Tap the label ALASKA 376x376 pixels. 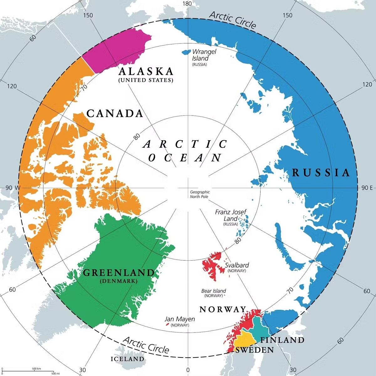coord(146,71)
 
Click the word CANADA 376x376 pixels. coord(115,113)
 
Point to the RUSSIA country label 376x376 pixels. coord(321,173)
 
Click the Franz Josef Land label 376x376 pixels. coord(231,215)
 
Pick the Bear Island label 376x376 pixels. coord(213,291)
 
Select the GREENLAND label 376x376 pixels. coord(119,273)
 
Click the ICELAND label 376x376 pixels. coord(128,359)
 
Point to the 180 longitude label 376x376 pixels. coord(187,4)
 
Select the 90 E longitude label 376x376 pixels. coord(367,188)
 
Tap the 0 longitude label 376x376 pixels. coord(188,370)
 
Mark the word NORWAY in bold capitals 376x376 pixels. coord(223,310)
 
